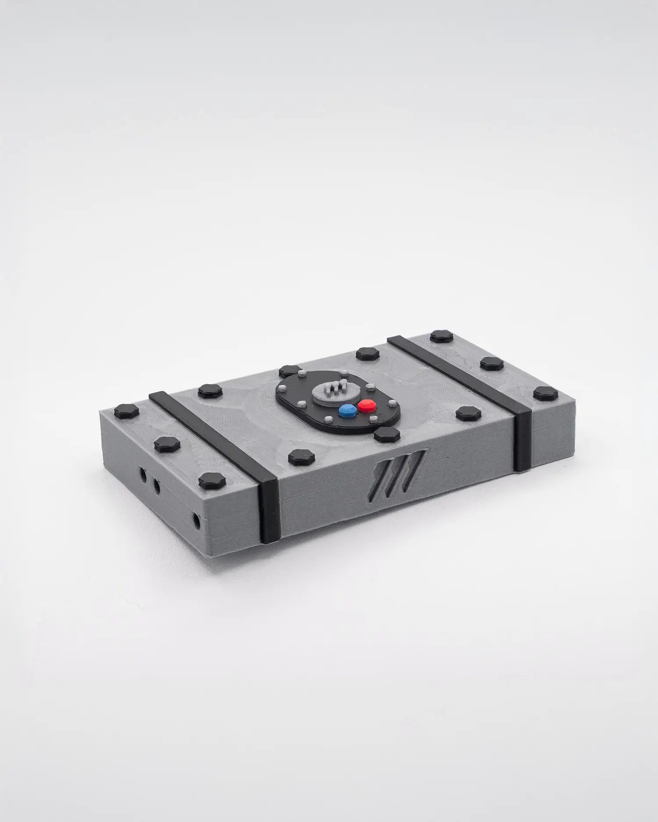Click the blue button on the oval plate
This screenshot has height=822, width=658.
(x=347, y=410)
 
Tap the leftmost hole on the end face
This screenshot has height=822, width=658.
(x=143, y=474)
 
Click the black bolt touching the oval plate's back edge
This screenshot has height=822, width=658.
(x=290, y=371)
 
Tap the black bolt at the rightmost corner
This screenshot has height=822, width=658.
(x=546, y=394)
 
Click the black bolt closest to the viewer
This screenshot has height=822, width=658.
(x=212, y=481)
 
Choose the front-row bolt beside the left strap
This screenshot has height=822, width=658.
(x=301, y=458)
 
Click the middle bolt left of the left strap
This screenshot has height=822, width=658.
(x=167, y=444)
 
